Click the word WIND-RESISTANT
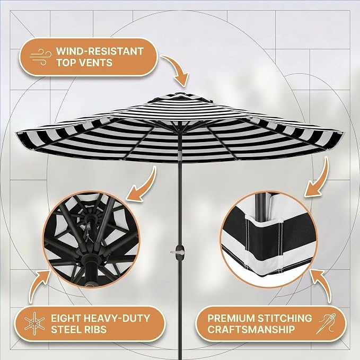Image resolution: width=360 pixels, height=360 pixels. [x=100, y=51]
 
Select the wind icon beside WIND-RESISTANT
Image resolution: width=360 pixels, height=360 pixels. [x=41, y=57]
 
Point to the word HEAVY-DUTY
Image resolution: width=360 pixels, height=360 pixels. [x=116, y=318]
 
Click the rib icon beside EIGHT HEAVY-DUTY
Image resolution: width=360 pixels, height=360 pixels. [x=34, y=323]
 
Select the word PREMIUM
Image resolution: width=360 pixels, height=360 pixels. [x=231, y=318]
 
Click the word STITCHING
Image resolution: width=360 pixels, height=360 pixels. [x=285, y=318]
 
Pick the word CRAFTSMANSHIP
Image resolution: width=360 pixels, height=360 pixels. [x=251, y=329]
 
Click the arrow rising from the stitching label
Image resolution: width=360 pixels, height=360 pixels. [x=321, y=285]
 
